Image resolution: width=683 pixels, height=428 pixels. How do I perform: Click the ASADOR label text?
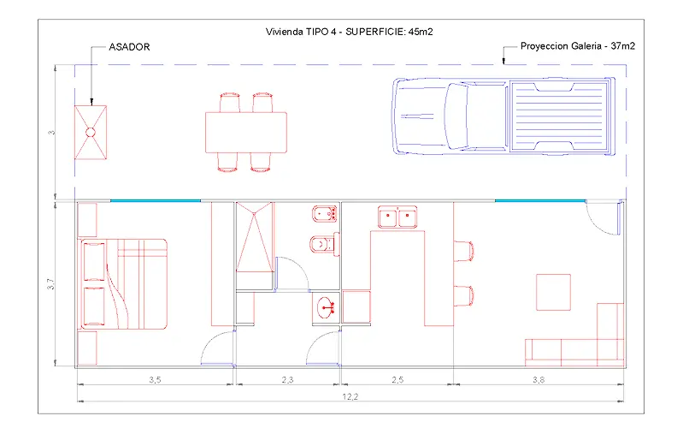(129, 47)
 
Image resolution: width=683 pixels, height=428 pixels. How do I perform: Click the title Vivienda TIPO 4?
(301, 32)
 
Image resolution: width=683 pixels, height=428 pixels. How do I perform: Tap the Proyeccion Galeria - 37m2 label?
(578, 46)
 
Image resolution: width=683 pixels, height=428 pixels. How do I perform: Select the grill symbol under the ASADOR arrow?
(91, 132)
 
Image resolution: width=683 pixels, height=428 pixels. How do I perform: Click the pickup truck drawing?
(504, 116)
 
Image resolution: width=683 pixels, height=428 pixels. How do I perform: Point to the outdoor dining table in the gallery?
(246, 132)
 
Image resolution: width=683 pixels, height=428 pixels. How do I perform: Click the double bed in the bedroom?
(122, 283)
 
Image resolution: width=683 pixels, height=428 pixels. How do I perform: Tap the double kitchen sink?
(397, 217)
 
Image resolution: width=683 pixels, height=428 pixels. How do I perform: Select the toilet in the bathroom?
(325, 245)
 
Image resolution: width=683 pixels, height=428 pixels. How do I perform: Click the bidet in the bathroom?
(325, 214)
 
